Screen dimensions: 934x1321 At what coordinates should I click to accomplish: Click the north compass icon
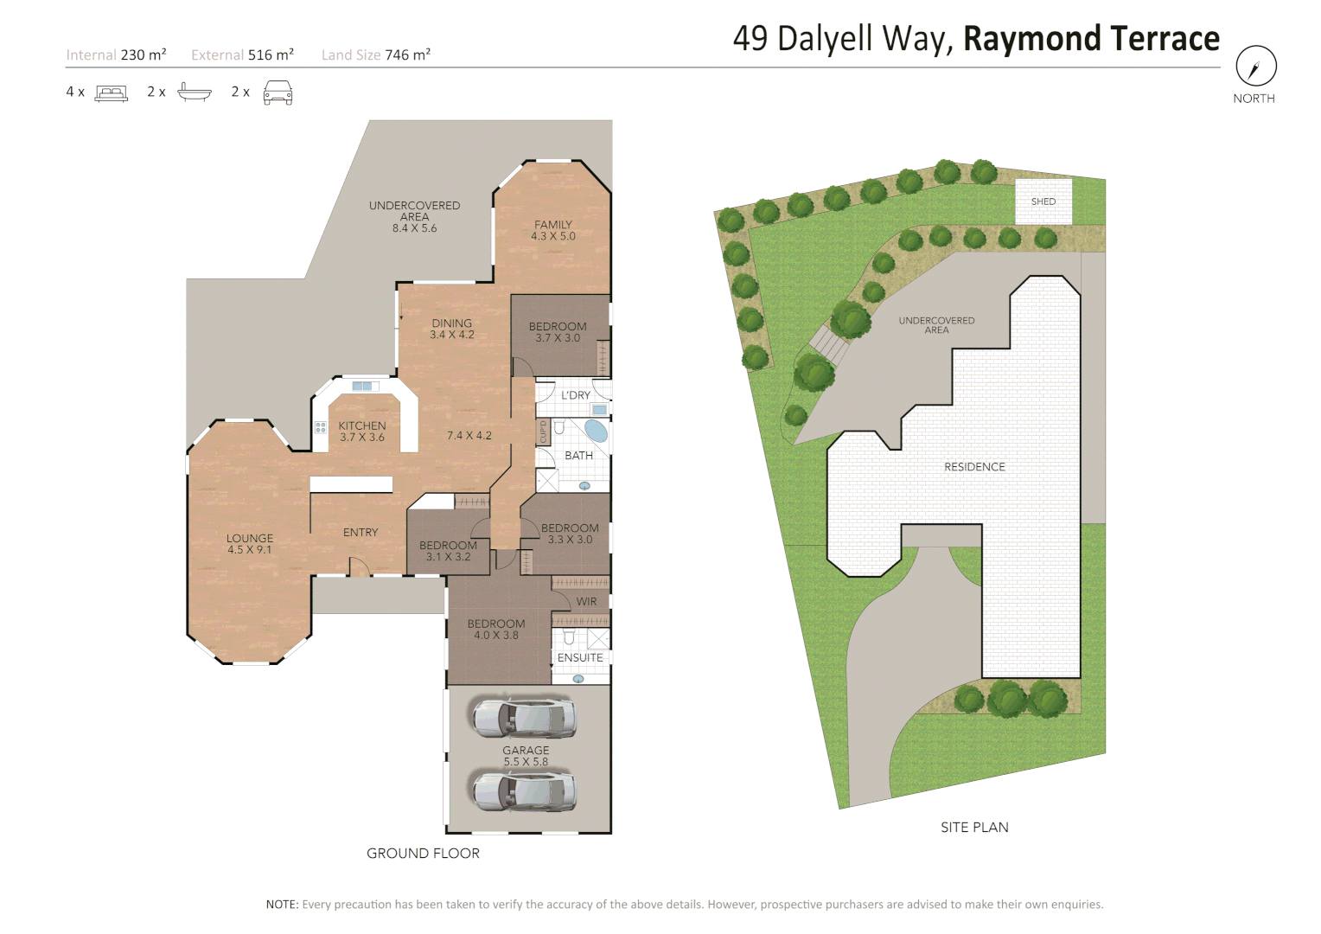(x=1255, y=66)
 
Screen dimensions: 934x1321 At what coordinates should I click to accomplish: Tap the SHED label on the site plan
(x=1043, y=202)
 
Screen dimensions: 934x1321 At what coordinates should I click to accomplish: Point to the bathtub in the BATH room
(x=596, y=430)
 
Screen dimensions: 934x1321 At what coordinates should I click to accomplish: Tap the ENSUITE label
(x=580, y=657)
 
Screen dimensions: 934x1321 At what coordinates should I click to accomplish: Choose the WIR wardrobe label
(x=586, y=601)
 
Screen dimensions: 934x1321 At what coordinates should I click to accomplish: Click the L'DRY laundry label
(x=576, y=395)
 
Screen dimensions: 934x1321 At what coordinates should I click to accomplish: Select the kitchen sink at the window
(x=364, y=386)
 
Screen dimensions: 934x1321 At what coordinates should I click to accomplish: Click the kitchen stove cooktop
(x=321, y=427)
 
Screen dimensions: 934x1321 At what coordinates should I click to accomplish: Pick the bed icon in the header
(x=112, y=93)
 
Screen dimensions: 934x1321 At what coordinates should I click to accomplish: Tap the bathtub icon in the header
(x=195, y=92)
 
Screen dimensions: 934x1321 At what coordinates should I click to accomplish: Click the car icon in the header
(x=278, y=93)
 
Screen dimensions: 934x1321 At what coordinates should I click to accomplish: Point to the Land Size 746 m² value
(x=407, y=54)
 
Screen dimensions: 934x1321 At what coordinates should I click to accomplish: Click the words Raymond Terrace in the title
(x=1091, y=39)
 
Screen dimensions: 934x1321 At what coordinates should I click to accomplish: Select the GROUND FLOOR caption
(x=423, y=853)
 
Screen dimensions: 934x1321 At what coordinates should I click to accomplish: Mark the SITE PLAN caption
(x=974, y=827)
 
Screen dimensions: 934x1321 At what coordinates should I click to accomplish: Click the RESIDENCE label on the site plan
(x=974, y=467)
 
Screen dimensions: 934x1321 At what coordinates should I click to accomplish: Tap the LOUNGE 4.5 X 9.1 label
(x=250, y=543)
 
